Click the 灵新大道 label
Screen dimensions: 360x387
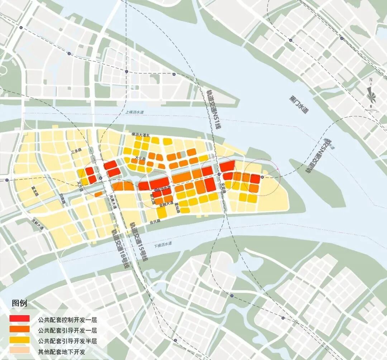pos(37,225)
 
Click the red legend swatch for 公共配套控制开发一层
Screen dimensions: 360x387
pos(19,318)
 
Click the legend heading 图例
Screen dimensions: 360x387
pos(19,303)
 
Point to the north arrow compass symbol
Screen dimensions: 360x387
pos(371,94)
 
